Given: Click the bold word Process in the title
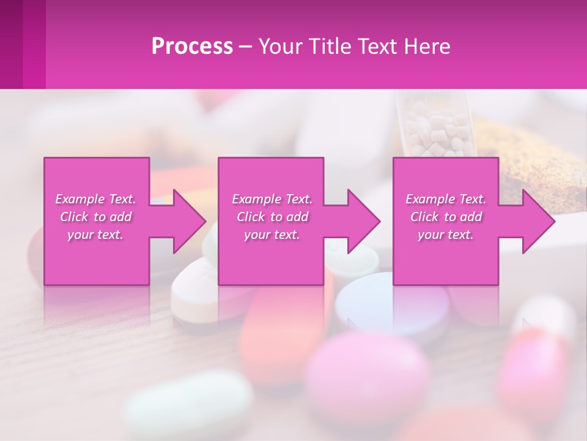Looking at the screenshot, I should point(192,47).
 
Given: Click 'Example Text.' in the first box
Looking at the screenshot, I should point(95,199).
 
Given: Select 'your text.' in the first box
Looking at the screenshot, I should point(95,235).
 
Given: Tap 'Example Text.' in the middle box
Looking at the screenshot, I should point(272,199).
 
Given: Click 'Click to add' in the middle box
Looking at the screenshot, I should point(272,217).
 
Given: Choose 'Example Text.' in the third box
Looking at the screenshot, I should point(446,199).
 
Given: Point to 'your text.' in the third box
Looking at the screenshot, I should point(446,235).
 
